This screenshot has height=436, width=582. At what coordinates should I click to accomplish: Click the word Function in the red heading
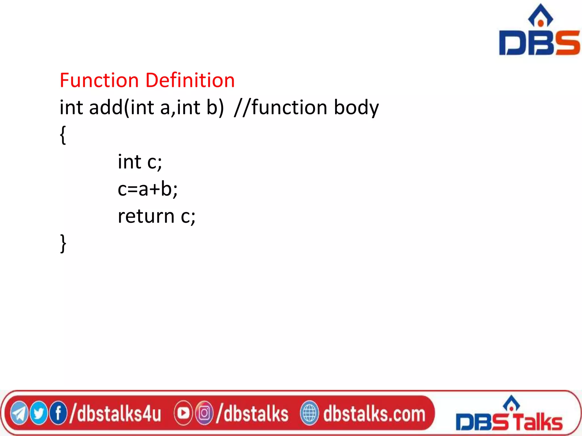coord(99,80)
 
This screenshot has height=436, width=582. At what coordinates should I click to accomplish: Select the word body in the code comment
coord(356,108)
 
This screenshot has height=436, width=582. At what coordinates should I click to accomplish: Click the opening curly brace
coord(63,135)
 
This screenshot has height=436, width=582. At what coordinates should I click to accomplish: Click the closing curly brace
coord(63,244)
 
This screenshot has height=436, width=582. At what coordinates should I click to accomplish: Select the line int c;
coord(140,162)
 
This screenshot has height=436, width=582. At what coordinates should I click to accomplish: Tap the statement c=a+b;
coord(147,189)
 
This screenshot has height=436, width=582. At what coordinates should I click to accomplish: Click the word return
coord(146,216)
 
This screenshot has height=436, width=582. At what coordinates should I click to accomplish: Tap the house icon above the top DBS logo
coord(540,16)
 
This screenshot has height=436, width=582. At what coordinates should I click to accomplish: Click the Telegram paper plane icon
coord(19,413)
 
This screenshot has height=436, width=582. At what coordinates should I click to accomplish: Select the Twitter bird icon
coord(39,413)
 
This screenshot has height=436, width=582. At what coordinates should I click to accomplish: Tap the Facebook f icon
coord(58,413)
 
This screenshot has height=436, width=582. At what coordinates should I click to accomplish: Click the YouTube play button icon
coord(183,413)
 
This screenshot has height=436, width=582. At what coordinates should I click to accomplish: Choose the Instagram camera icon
coord(204,413)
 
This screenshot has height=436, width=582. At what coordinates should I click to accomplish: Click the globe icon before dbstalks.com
coord(309,413)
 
